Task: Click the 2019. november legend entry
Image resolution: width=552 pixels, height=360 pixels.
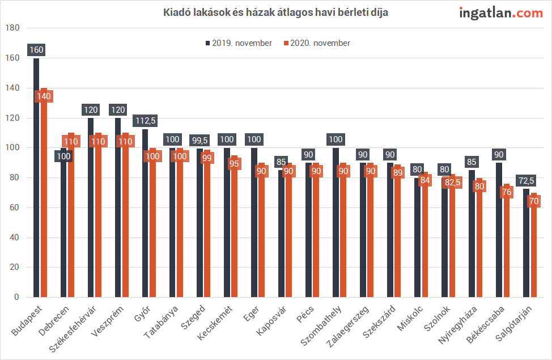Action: tap(238, 43)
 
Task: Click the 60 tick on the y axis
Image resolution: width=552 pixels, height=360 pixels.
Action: tap(14, 208)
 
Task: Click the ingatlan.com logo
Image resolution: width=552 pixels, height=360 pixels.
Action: tap(500, 13)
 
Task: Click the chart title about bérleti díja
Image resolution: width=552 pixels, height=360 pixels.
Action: tap(276, 12)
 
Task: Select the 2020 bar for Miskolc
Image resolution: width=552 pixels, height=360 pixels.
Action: tap(424, 244)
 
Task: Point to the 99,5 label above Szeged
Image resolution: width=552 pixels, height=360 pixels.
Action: tap(199, 139)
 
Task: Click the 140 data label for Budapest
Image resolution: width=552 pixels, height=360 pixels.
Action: tap(44, 96)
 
